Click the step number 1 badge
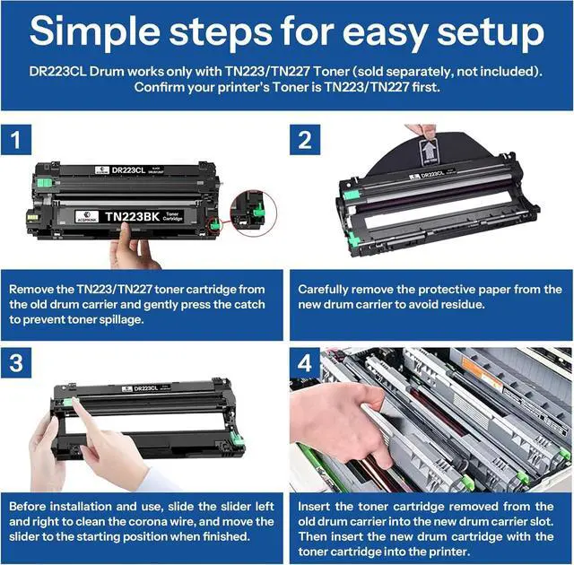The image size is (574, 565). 16,139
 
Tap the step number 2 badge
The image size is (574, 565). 305,139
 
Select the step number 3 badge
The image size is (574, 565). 16,362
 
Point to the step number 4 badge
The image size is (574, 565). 305,362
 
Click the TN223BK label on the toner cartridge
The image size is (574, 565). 132,217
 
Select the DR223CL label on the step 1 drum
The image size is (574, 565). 128,169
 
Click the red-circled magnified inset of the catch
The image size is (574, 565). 253,213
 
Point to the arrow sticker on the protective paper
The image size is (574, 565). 429,151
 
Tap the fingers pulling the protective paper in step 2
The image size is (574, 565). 421,130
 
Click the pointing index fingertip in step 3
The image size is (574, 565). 76,402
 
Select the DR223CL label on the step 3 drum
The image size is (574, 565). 145,388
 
